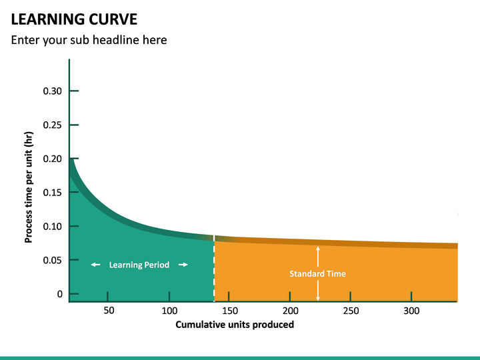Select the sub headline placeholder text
click(x=89, y=40)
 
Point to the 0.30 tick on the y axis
click(x=53, y=91)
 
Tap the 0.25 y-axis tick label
click(x=53, y=125)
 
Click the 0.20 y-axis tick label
click(x=53, y=159)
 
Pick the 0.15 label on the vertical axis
click(x=53, y=193)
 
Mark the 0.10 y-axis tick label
click(x=53, y=227)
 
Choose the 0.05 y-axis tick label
click(x=53, y=261)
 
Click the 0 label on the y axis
click(x=60, y=294)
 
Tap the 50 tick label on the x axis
click(x=109, y=311)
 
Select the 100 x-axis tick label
click(x=169, y=311)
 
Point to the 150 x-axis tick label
click(x=230, y=311)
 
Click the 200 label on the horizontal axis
click(x=290, y=311)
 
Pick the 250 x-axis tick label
click(x=351, y=311)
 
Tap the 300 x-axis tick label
click(x=411, y=311)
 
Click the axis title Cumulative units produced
click(x=235, y=325)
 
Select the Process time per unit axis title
click(x=29, y=187)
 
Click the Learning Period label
click(x=140, y=265)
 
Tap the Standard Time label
click(x=318, y=273)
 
